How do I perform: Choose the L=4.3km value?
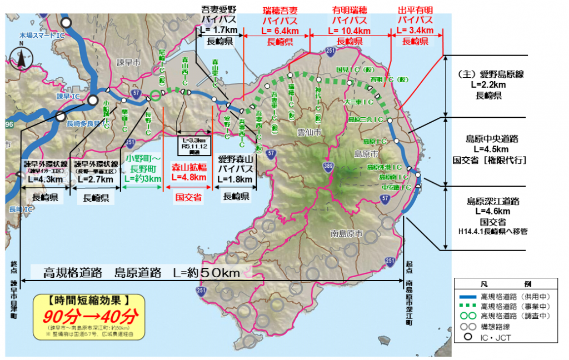pyautogui.click(x=44, y=179)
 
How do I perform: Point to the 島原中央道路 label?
pyautogui.click(x=488, y=139)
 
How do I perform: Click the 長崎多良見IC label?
pyautogui.click(x=84, y=123)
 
